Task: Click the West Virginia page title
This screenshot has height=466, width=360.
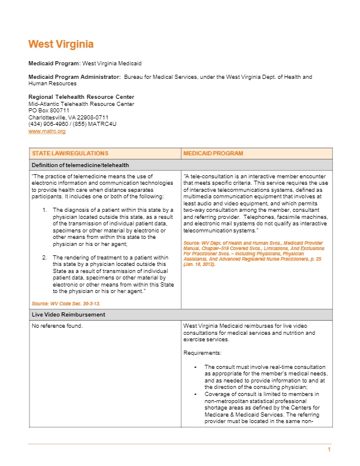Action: (x=61, y=44)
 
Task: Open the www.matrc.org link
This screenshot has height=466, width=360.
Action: (x=46, y=131)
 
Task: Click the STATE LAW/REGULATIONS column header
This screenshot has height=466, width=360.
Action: (x=70, y=153)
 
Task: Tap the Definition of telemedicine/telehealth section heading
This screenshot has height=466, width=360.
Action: (x=80, y=165)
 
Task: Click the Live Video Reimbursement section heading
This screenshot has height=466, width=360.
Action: (x=67, y=315)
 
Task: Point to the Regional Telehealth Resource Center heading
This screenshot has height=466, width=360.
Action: (x=81, y=97)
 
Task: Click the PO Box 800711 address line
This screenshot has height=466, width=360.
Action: (x=49, y=111)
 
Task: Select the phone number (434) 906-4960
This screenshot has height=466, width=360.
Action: (x=48, y=124)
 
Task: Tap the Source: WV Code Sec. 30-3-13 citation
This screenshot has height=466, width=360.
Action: (x=66, y=303)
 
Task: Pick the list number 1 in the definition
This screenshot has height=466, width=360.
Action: (x=45, y=209)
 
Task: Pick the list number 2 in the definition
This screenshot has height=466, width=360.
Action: (x=45, y=257)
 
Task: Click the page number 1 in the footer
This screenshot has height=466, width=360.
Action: (x=329, y=450)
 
